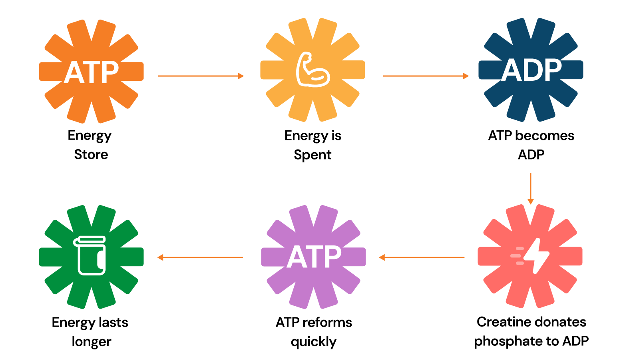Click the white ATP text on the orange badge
tap(91, 72)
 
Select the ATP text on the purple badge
tap(314, 257)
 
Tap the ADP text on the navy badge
tap(531, 70)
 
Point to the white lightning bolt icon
tap(536, 255)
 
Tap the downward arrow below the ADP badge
tap(530, 188)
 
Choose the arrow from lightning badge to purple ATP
tap(422, 257)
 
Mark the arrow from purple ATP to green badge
tap(200, 257)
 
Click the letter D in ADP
tap(532, 70)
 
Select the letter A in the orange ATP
tap(73, 72)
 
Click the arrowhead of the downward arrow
tap(530, 201)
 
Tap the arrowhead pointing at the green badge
tap(160, 257)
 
